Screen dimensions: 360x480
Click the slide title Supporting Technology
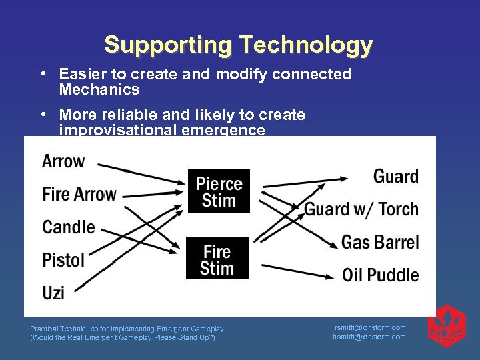pos(238,45)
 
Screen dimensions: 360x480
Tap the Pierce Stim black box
pos(219,191)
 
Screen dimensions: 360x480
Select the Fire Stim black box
pos(217,259)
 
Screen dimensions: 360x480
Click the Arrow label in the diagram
pos(63,161)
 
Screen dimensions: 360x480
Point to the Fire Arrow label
pos(79,195)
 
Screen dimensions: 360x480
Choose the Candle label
pos(69,227)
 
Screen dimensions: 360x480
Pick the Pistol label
pos(63,259)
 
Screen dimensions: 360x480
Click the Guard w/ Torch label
pos(361,209)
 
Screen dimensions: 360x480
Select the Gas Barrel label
pos(380,241)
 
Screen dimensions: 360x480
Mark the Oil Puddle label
pos(380,274)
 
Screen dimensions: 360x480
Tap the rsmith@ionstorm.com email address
pos(369,327)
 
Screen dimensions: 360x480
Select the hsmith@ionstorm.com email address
pos(369,337)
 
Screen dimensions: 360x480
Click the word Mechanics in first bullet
pos(99,89)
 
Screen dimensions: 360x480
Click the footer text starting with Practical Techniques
pos(127,329)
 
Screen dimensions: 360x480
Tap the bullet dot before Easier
pos(43,73)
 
